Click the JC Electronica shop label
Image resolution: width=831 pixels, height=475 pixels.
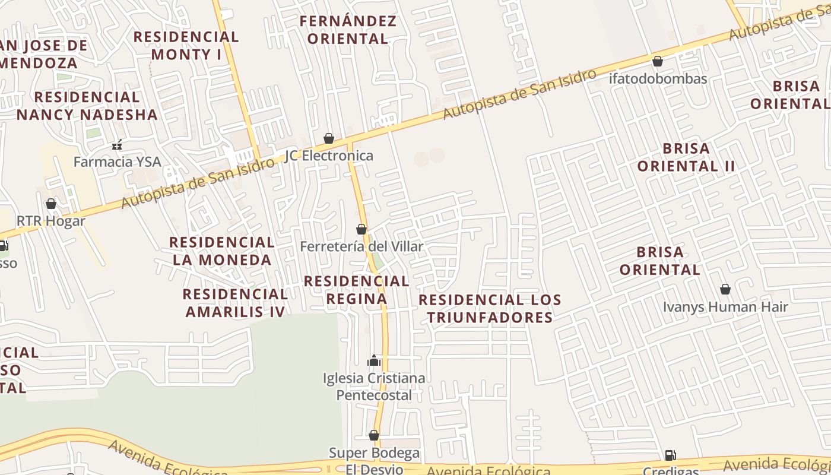click(329, 156)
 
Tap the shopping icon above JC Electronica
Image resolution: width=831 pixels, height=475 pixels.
click(329, 138)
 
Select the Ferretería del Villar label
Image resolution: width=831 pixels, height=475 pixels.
click(361, 246)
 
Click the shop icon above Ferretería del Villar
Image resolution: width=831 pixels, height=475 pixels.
click(361, 229)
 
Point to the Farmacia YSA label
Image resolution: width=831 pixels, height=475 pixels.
click(117, 161)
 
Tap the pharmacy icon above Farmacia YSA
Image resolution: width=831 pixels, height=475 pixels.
click(117, 144)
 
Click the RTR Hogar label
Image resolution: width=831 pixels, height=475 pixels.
click(51, 221)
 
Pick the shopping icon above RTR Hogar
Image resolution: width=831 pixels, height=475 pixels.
click(51, 204)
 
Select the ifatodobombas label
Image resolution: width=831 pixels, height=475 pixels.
click(658, 79)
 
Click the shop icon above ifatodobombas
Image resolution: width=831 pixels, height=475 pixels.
click(658, 61)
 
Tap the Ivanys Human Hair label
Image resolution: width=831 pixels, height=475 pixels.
click(725, 307)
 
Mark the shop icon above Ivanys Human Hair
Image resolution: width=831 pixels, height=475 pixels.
click(725, 289)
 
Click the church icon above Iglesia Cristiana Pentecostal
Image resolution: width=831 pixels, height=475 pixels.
click(374, 360)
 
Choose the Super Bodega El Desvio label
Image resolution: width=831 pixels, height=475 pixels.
click(374, 461)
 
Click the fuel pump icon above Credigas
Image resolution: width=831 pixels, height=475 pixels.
click(670, 455)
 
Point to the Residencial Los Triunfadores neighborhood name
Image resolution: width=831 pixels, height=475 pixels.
click(490, 308)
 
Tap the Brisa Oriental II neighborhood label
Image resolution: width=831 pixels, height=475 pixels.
click(686, 157)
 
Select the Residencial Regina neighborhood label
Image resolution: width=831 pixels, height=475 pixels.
click(357, 290)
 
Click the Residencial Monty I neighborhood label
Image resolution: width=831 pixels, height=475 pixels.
click(186, 46)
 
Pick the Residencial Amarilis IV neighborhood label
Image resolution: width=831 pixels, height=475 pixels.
click(235, 303)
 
